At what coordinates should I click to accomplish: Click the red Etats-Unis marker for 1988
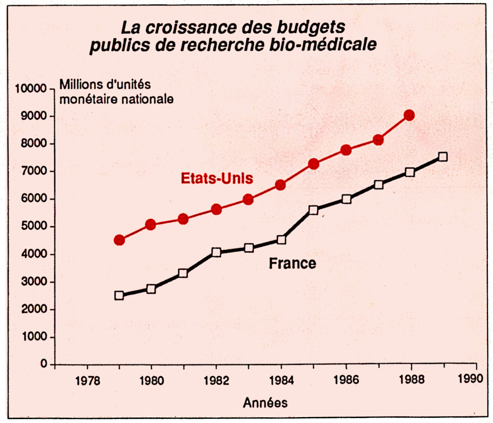tap(409, 115)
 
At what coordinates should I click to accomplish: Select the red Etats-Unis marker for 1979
tap(119, 240)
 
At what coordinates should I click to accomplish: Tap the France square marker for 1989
tap(442, 157)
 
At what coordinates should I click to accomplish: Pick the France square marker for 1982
tap(216, 252)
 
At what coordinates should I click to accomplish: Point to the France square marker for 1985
tap(313, 210)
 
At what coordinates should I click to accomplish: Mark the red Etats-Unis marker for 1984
tap(280, 185)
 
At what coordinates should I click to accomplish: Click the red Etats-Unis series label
tap(217, 178)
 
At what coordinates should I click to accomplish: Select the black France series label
tap(292, 263)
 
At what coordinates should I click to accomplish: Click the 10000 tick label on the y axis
tap(31, 88)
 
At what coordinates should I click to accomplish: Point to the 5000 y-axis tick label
tap(34, 226)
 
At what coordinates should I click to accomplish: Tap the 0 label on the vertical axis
tap(44, 364)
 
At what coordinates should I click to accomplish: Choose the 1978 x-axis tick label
tap(88, 381)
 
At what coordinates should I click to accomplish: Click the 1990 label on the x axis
tap(470, 379)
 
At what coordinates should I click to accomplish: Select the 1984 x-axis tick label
tap(281, 380)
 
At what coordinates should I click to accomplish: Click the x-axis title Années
tap(265, 402)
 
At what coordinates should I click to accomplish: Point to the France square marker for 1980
tap(151, 289)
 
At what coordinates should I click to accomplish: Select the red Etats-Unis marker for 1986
tap(346, 150)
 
